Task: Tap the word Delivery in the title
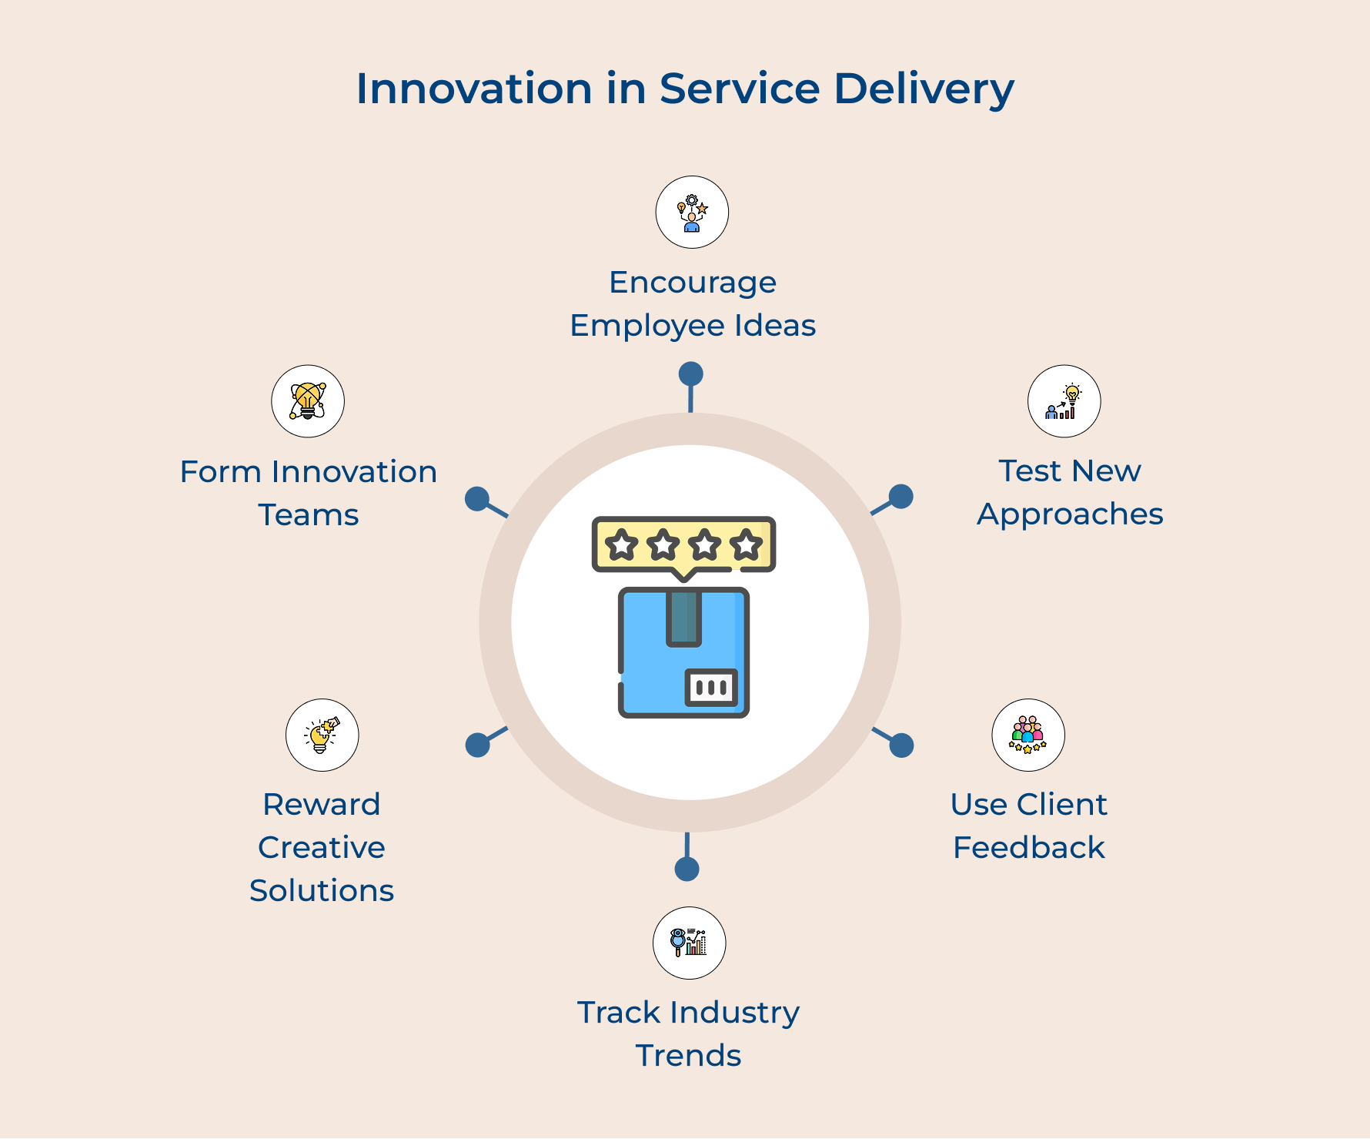(x=924, y=90)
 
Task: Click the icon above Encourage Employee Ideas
(x=692, y=213)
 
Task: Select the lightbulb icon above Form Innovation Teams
(x=308, y=401)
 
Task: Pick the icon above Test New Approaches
(x=1064, y=401)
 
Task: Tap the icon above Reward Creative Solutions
(x=322, y=735)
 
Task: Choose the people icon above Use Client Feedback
(x=1028, y=735)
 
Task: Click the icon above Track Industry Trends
(x=689, y=943)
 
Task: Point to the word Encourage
(x=693, y=283)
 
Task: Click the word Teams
(x=309, y=515)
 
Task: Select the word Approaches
(x=1070, y=514)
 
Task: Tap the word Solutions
(x=322, y=891)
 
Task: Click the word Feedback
(x=1028, y=848)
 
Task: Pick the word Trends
(x=688, y=1056)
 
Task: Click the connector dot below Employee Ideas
(x=690, y=374)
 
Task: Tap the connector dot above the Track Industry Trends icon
(x=687, y=869)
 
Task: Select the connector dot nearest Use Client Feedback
(x=901, y=745)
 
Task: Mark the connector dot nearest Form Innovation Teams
(x=477, y=499)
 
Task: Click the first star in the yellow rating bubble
(x=621, y=545)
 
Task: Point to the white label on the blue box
(x=711, y=687)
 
